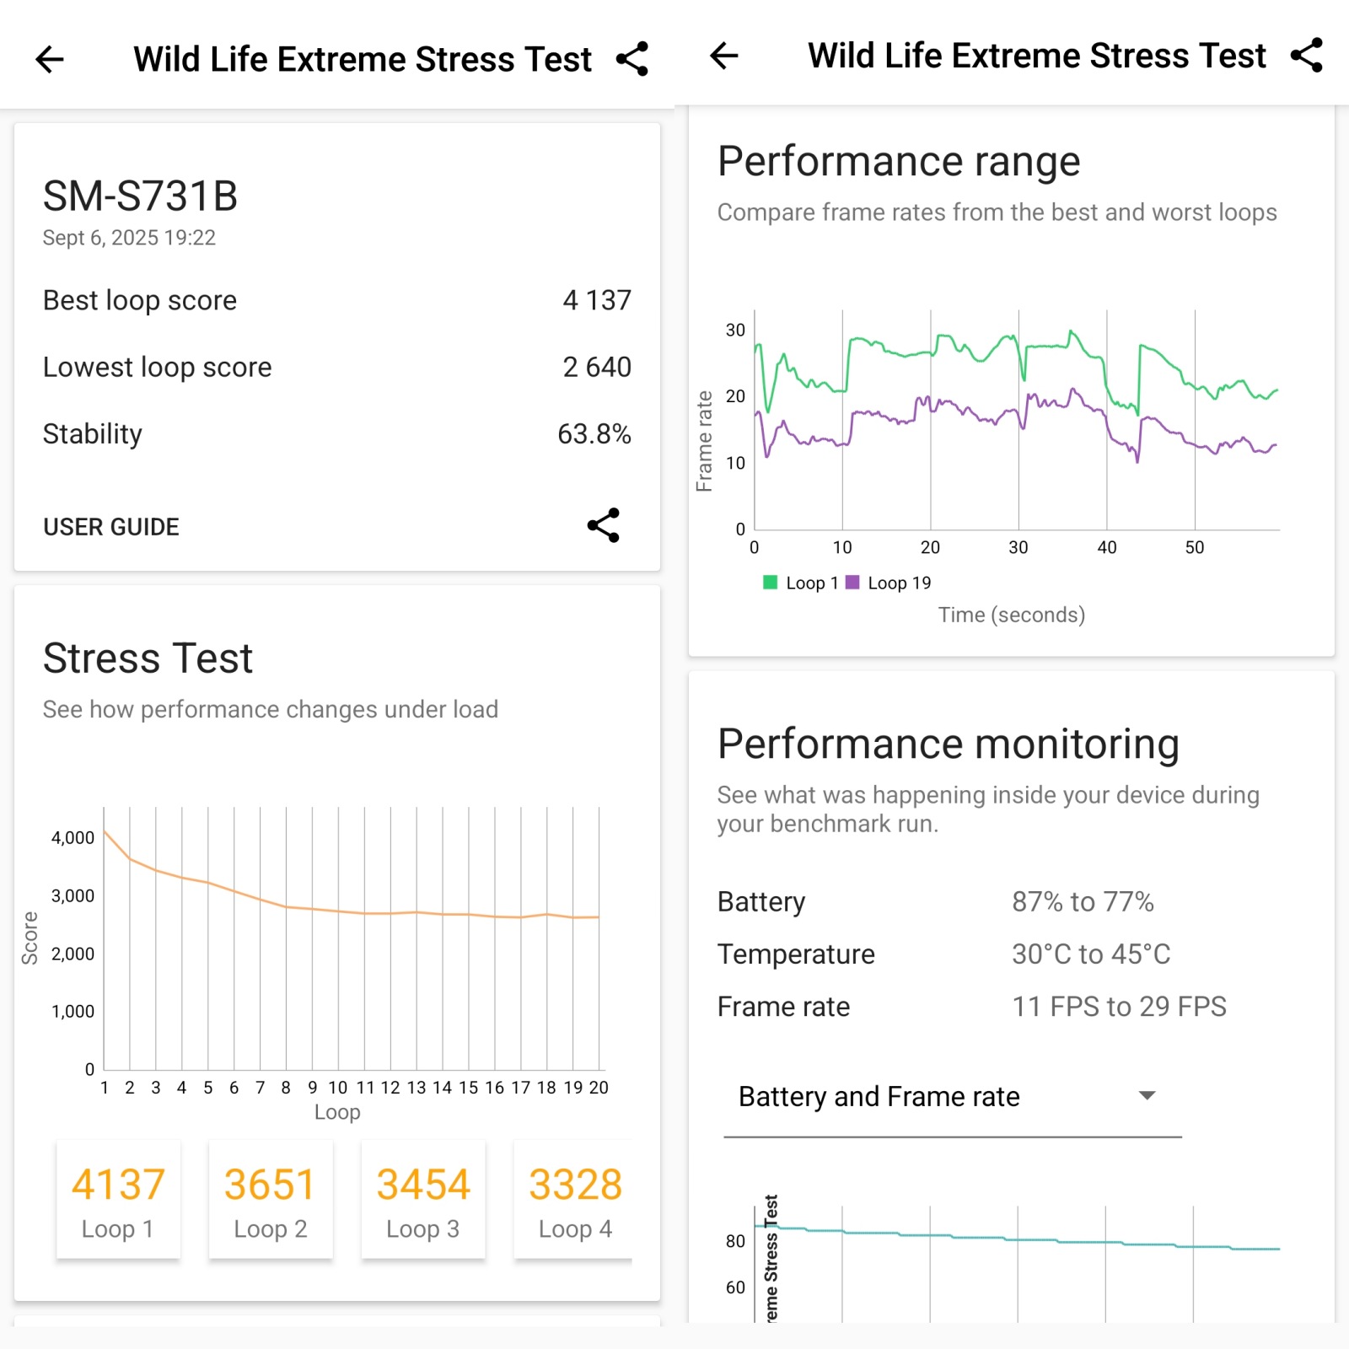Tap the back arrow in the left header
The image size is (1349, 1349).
(50, 60)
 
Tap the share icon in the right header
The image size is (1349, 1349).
(1306, 56)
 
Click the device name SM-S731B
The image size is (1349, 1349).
(140, 196)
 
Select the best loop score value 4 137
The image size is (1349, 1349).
(596, 300)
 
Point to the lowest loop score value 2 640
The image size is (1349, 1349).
(596, 368)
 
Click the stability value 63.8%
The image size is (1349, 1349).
(594, 434)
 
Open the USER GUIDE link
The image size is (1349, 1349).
(111, 527)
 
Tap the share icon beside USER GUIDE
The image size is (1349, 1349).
(604, 525)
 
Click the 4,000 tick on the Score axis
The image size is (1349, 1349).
(73, 838)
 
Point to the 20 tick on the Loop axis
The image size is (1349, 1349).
(599, 1088)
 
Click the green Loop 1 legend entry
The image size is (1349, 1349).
(801, 583)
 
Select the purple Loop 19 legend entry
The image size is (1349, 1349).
(889, 583)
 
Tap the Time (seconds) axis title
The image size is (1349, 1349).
(1011, 615)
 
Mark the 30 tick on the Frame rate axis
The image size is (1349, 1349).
(735, 331)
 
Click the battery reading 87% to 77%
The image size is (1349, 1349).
(1083, 902)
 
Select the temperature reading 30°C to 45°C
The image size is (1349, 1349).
(1091, 954)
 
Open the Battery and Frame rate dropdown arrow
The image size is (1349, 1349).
(1147, 1095)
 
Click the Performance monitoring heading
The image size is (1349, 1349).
(948, 744)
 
